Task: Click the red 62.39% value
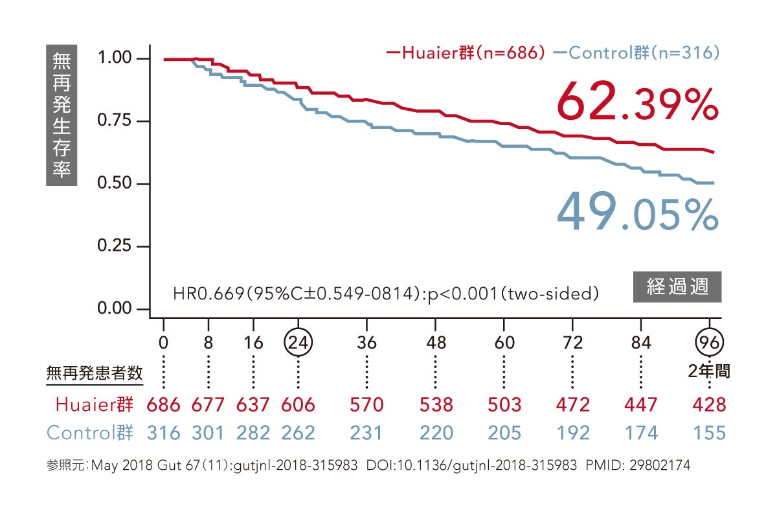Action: point(637,102)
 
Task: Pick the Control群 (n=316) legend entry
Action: point(638,53)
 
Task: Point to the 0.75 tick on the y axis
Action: point(115,121)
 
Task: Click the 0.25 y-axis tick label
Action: point(115,246)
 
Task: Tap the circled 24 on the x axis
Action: point(298,342)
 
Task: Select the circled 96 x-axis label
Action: point(709,342)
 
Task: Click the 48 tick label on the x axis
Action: point(436,342)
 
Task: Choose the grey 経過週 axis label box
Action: point(677,286)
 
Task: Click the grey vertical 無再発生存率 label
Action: point(62,115)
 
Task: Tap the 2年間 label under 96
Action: point(709,371)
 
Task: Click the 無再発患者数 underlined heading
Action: point(95,373)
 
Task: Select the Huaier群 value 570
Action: point(366,405)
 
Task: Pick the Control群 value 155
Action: point(709,432)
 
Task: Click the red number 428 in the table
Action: point(709,405)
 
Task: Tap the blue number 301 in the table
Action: point(208,432)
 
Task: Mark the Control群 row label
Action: point(91,432)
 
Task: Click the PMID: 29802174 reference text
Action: point(638,465)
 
